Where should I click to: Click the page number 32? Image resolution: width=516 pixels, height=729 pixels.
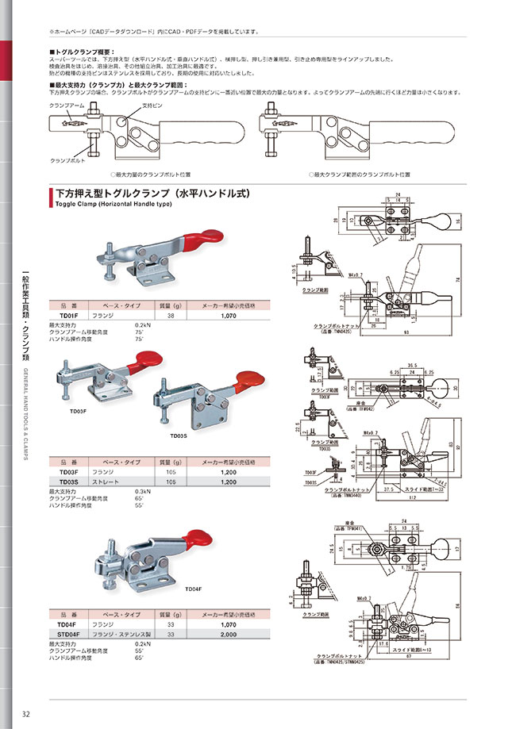(x=26, y=712)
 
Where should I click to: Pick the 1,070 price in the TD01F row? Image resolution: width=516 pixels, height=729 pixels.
(x=229, y=315)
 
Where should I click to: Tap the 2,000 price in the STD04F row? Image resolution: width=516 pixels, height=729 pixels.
(x=229, y=634)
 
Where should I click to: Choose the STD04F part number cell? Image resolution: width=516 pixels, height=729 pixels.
(x=69, y=634)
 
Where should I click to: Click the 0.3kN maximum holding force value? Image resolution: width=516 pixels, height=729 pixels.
(x=143, y=491)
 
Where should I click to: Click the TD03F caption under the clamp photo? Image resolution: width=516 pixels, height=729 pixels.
(x=78, y=411)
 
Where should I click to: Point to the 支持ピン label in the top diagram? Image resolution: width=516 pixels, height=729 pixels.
(x=152, y=106)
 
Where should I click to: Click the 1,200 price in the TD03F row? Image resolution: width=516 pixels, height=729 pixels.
(x=229, y=473)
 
